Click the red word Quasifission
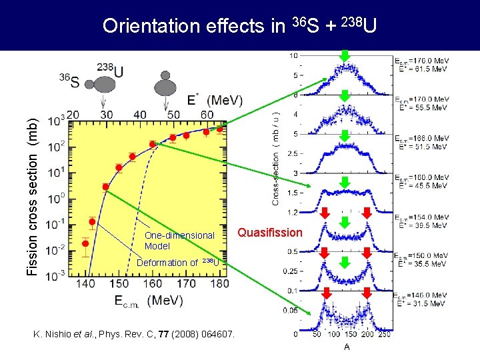(x=270, y=233)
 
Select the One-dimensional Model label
(x=179, y=240)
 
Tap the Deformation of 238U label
(x=177, y=262)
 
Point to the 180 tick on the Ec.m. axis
(x=219, y=284)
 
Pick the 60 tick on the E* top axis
(x=208, y=115)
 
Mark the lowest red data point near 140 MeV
(x=85, y=243)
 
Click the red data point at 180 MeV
(x=220, y=129)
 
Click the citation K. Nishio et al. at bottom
(x=134, y=333)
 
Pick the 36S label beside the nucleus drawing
(x=68, y=81)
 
